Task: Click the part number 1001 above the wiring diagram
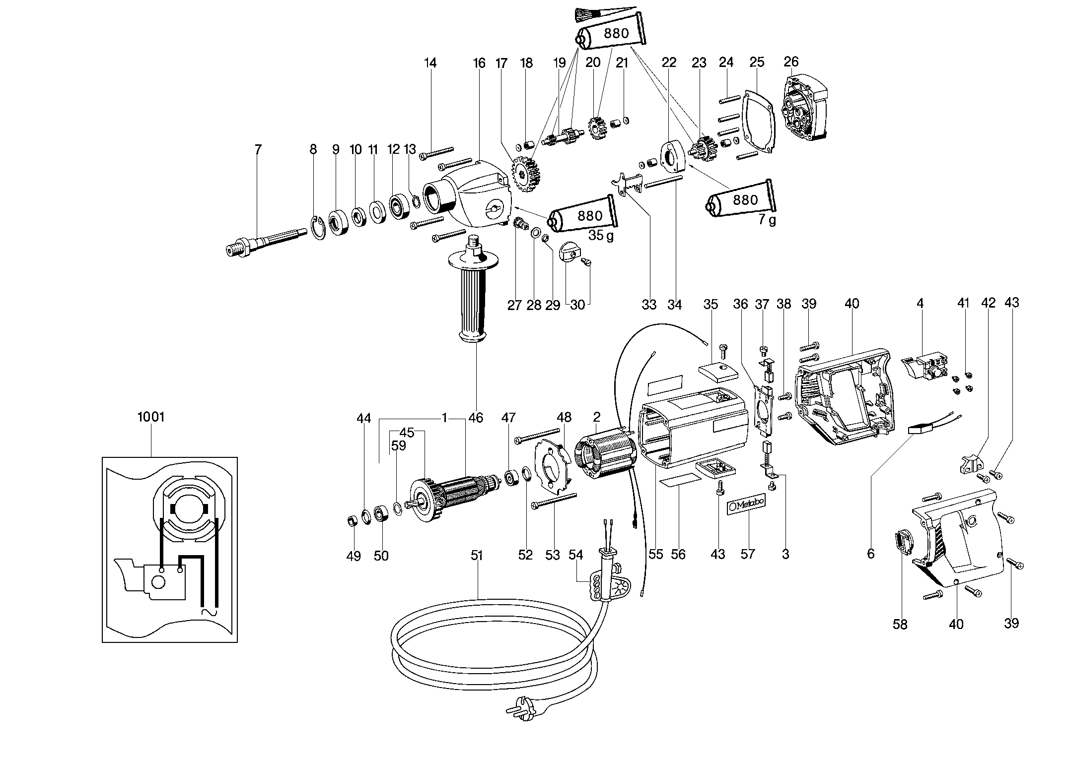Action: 150,417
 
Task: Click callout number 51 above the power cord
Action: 477,555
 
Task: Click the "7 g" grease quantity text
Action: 767,220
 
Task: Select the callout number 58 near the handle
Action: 900,625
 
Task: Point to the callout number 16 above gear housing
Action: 479,63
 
